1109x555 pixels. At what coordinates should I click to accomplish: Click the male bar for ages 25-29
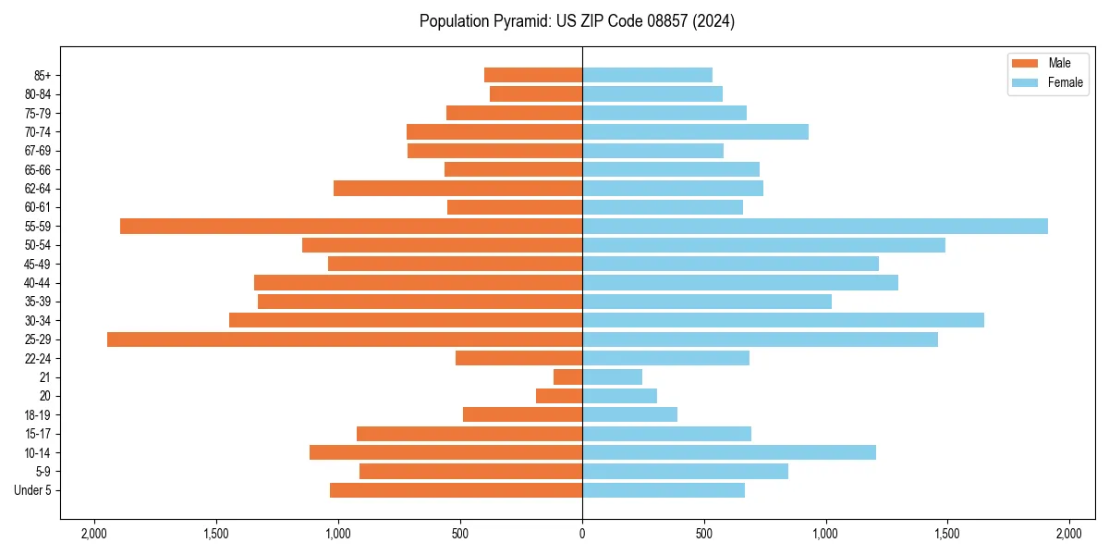[x=345, y=339]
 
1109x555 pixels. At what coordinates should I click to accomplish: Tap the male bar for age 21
[x=567, y=377]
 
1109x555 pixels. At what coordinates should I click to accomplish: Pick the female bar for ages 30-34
[x=783, y=320]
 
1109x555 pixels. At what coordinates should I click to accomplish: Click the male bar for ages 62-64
[x=457, y=189]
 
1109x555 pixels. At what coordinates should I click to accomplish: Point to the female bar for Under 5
[x=664, y=490]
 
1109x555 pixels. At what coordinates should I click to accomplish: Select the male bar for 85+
[x=533, y=75]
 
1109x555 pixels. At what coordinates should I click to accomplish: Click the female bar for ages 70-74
[x=695, y=132]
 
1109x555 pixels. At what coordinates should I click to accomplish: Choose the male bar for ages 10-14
[x=445, y=452]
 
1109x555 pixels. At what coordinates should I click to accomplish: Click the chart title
[x=577, y=21]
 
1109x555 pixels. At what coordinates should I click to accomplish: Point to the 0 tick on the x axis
[x=582, y=534]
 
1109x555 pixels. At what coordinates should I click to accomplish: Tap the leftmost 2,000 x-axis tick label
[x=94, y=534]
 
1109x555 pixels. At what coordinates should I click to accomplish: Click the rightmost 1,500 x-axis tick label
[x=947, y=534]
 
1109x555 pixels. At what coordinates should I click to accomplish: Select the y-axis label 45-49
[x=37, y=265]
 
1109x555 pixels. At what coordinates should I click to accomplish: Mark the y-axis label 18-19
[x=37, y=415]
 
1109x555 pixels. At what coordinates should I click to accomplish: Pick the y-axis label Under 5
[x=33, y=490]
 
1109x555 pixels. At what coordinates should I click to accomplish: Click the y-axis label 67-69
[x=37, y=151]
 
